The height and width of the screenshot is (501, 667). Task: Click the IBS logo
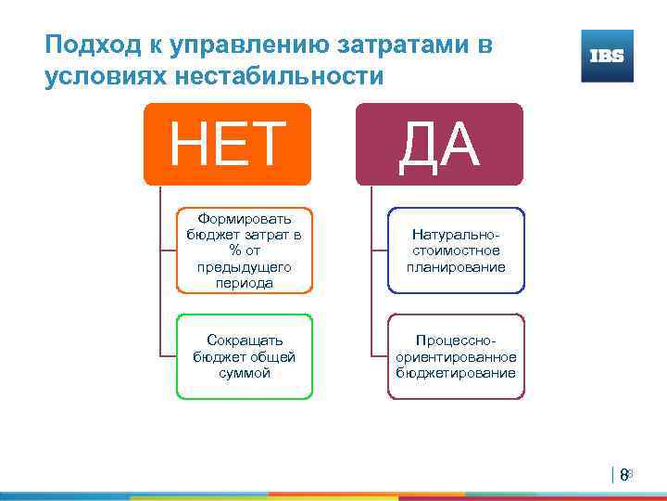[x=607, y=56]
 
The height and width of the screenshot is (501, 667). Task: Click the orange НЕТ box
[x=227, y=144]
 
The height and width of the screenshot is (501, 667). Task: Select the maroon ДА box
[x=439, y=144]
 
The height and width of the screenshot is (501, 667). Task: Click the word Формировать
[x=245, y=219]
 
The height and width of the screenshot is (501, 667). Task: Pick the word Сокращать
[x=245, y=340]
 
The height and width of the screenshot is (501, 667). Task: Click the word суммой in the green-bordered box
[x=245, y=373]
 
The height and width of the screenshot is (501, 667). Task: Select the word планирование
[x=456, y=267]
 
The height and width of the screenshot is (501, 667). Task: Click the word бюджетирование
[x=456, y=373]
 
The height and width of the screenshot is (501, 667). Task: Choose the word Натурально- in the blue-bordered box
[x=456, y=236]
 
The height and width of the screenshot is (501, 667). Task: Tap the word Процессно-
[x=456, y=340]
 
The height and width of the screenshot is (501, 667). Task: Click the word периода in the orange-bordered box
[x=245, y=282]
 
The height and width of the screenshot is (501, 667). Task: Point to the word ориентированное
[x=456, y=357]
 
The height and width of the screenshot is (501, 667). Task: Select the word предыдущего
[x=245, y=266]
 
